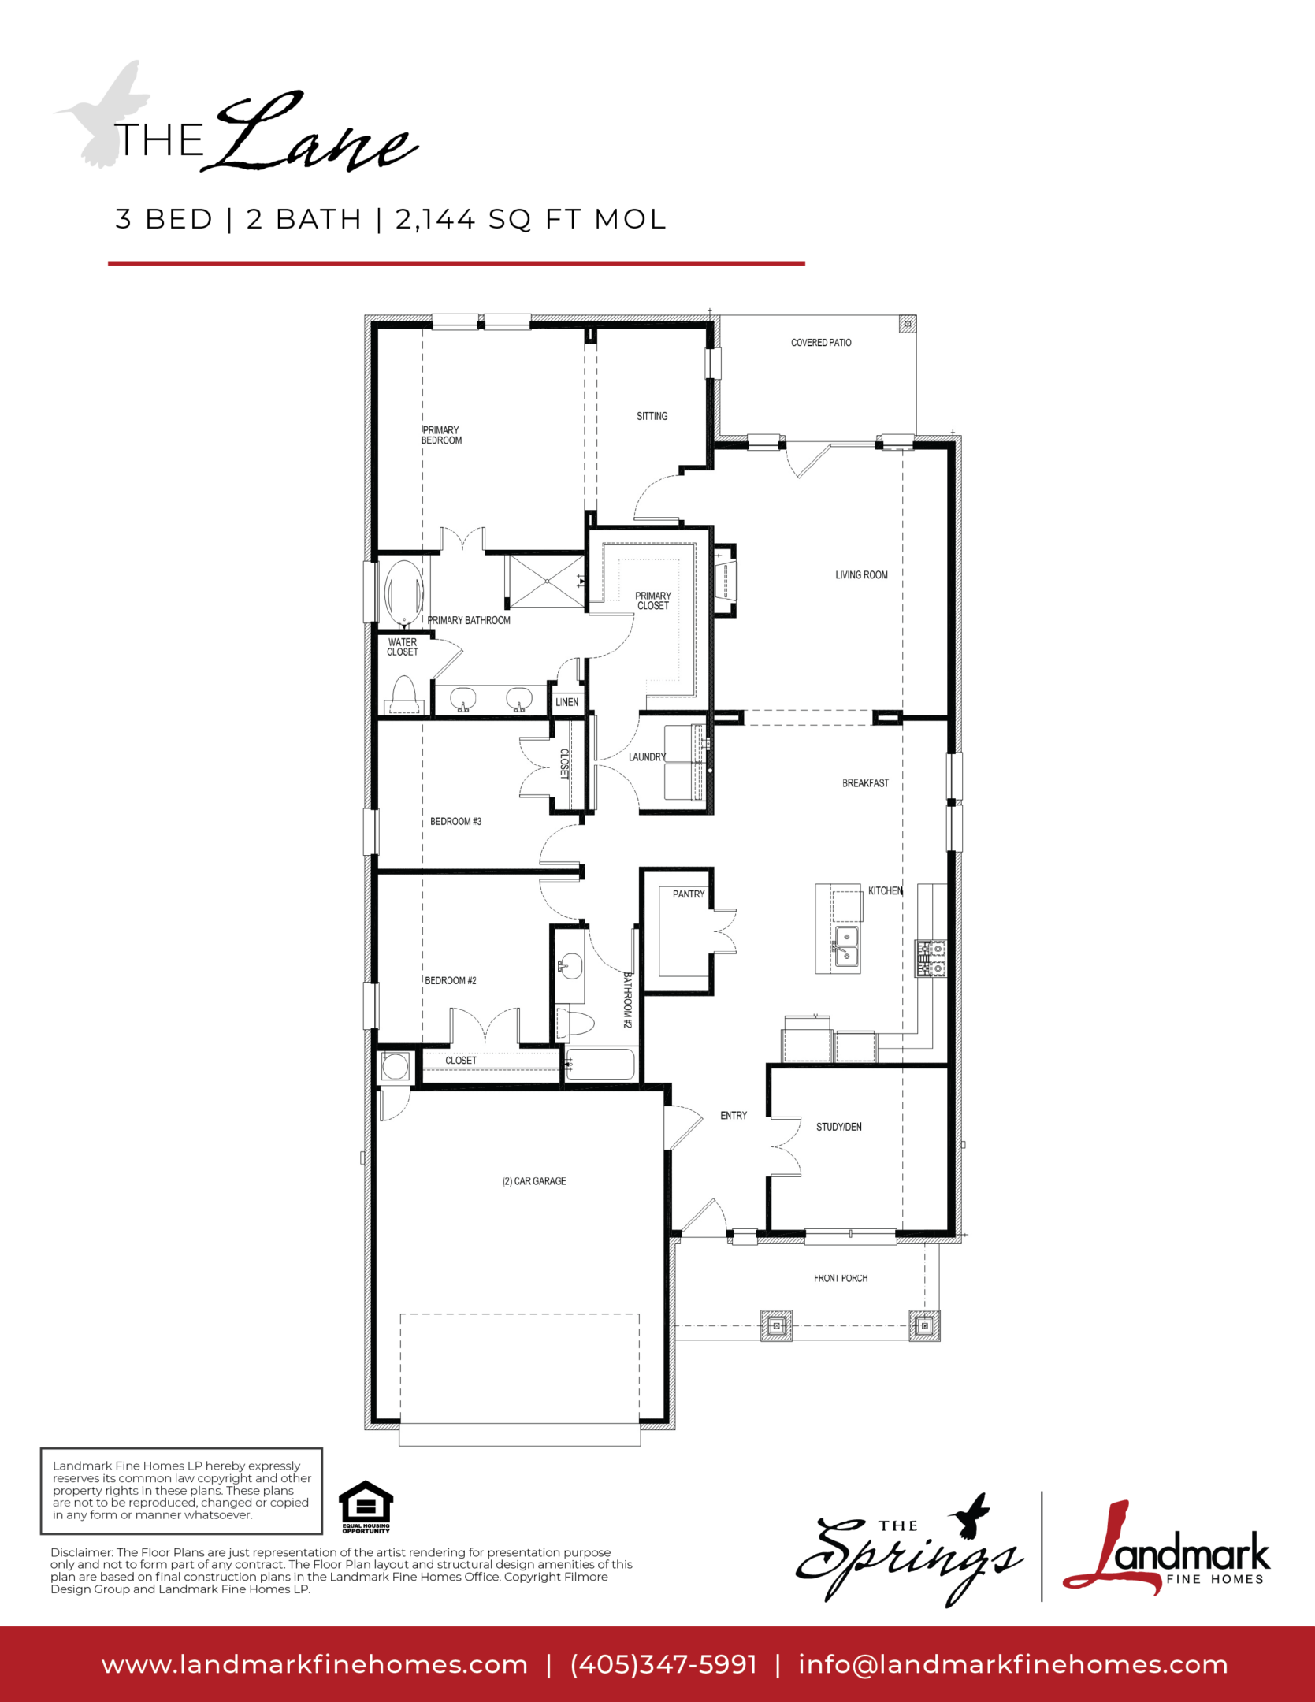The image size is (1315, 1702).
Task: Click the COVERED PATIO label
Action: pyautogui.click(x=821, y=343)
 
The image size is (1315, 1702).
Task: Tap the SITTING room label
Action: pyautogui.click(x=652, y=416)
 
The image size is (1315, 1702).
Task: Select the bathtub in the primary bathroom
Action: pyautogui.click(x=403, y=592)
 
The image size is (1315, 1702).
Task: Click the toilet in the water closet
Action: pyautogui.click(x=404, y=695)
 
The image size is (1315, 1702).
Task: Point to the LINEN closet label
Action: pyautogui.click(x=567, y=702)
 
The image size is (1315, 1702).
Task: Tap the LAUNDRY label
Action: pyautogui.click(x=647, y=757)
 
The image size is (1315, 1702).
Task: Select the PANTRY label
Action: pyautogui.click(x=689, y=894)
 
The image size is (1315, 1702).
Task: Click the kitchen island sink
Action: pyautogui.click(x=846, y=946)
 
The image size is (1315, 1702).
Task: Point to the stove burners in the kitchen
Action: pyautogui.click(x=931, y=958)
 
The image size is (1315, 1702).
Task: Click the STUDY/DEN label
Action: pyautogui.click(x=839, y=1127)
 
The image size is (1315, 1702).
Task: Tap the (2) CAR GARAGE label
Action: pyautogui.click(x=534, y=1181)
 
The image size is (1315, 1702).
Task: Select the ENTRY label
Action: pyautogui.click(x=734, y=1115)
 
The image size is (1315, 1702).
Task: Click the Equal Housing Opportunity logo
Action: pyautogui.click(x=366, y=1507)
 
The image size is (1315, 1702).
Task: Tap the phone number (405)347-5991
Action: pyautogui.click(x=663, y=1665)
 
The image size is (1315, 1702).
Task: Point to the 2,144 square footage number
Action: pyautogui.click(x=436, y=219)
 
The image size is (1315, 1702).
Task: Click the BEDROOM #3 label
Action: pyautogui.click(x=455, y=821)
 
